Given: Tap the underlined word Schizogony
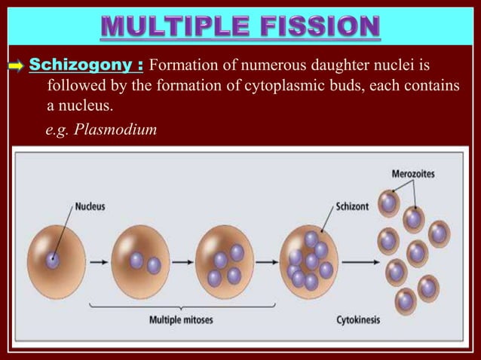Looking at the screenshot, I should (75, 61).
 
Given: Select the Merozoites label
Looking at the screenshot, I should (413, 174).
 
